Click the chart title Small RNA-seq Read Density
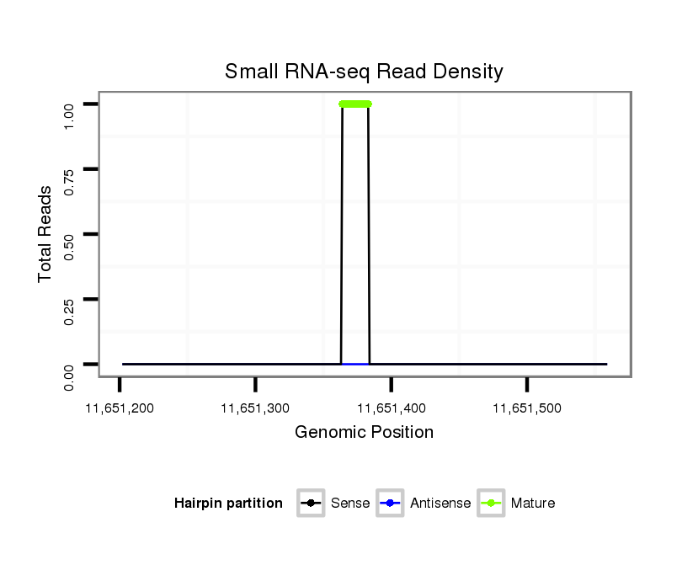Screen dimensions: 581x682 (364, 72)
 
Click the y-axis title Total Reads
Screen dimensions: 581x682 (45, 233)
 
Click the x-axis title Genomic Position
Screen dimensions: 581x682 (364, 433)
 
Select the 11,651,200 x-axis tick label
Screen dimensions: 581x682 (120, 408)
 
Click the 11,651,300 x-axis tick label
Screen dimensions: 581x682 (255, 408)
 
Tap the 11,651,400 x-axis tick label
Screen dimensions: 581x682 (391, 408)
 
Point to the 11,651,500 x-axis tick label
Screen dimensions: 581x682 (526, 408)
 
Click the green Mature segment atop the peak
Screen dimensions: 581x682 (354, 104)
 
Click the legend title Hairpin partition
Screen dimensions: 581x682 (228, 504)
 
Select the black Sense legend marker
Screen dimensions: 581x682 (311, 504)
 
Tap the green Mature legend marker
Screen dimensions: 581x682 (491, 504)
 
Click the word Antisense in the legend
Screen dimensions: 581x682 (440, 504)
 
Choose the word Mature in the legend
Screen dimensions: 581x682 (533, 504)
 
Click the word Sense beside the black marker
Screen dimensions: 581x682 (350, 504)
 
